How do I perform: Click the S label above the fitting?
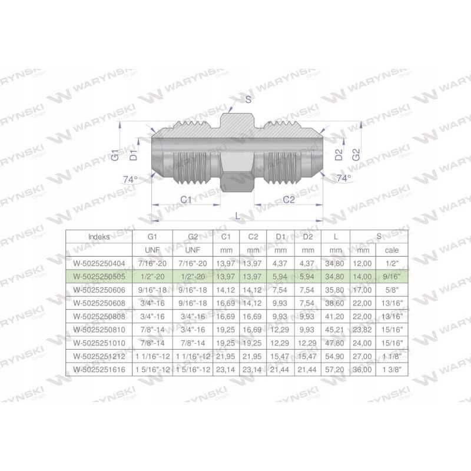tap(248, 99)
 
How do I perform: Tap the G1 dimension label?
tap(115, 155)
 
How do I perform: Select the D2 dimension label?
tap(339, 155)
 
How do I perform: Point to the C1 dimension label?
tap(186, 200)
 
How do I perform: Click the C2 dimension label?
tap(288, 200)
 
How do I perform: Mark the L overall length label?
tap(238, 215)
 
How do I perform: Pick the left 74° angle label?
tap(130, 180)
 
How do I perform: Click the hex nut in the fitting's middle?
tap(237, 152)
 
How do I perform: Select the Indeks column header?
tap(99, 237)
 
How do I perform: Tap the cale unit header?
tap(392, 250)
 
